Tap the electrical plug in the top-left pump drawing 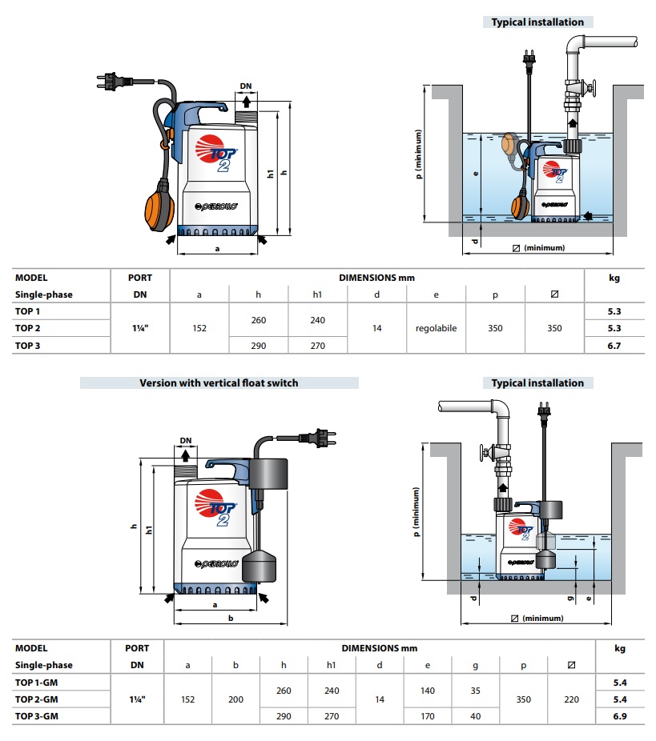(110, 82)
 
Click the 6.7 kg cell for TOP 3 (614, 346)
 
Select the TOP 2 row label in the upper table (27, 328)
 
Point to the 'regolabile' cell (436, 328)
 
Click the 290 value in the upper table (258, 346)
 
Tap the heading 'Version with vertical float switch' (219, 383)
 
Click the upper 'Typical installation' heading (537, 22)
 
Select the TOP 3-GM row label (37, 716)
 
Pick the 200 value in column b (235, 699)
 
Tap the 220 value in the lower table (571, 699)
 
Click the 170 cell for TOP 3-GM (428, 716)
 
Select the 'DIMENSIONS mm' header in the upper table (376, 278)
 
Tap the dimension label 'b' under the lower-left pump (231, 619)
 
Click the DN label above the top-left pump (246, 86)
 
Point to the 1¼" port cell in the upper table (140, 328)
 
